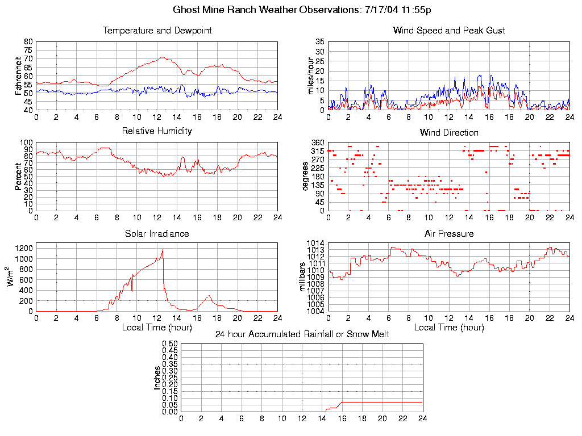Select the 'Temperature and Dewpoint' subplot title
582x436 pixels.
point(157,31)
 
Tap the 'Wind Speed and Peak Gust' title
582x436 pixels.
point(449,31)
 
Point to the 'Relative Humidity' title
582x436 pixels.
point(157,131)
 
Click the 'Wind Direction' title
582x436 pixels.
point(449,132)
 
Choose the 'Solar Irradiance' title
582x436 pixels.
point(157,233)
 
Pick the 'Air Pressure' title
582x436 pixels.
point(449,233)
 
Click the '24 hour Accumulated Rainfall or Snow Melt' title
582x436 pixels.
point(302,334)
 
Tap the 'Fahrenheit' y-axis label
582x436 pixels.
point(18,76)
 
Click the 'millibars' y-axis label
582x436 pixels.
point(302,276)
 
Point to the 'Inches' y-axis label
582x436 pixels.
point(157,378)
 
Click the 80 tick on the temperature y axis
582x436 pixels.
point(28,42)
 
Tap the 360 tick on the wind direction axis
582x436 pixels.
point(317,142)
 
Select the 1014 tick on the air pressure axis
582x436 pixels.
point(317,244)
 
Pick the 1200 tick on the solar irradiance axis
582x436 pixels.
point(24,248)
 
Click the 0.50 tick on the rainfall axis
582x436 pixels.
point(171,344)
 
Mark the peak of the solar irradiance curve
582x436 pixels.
point(163,250)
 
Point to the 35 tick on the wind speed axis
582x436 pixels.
point(319,42)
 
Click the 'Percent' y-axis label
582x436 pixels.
point(18,177)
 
